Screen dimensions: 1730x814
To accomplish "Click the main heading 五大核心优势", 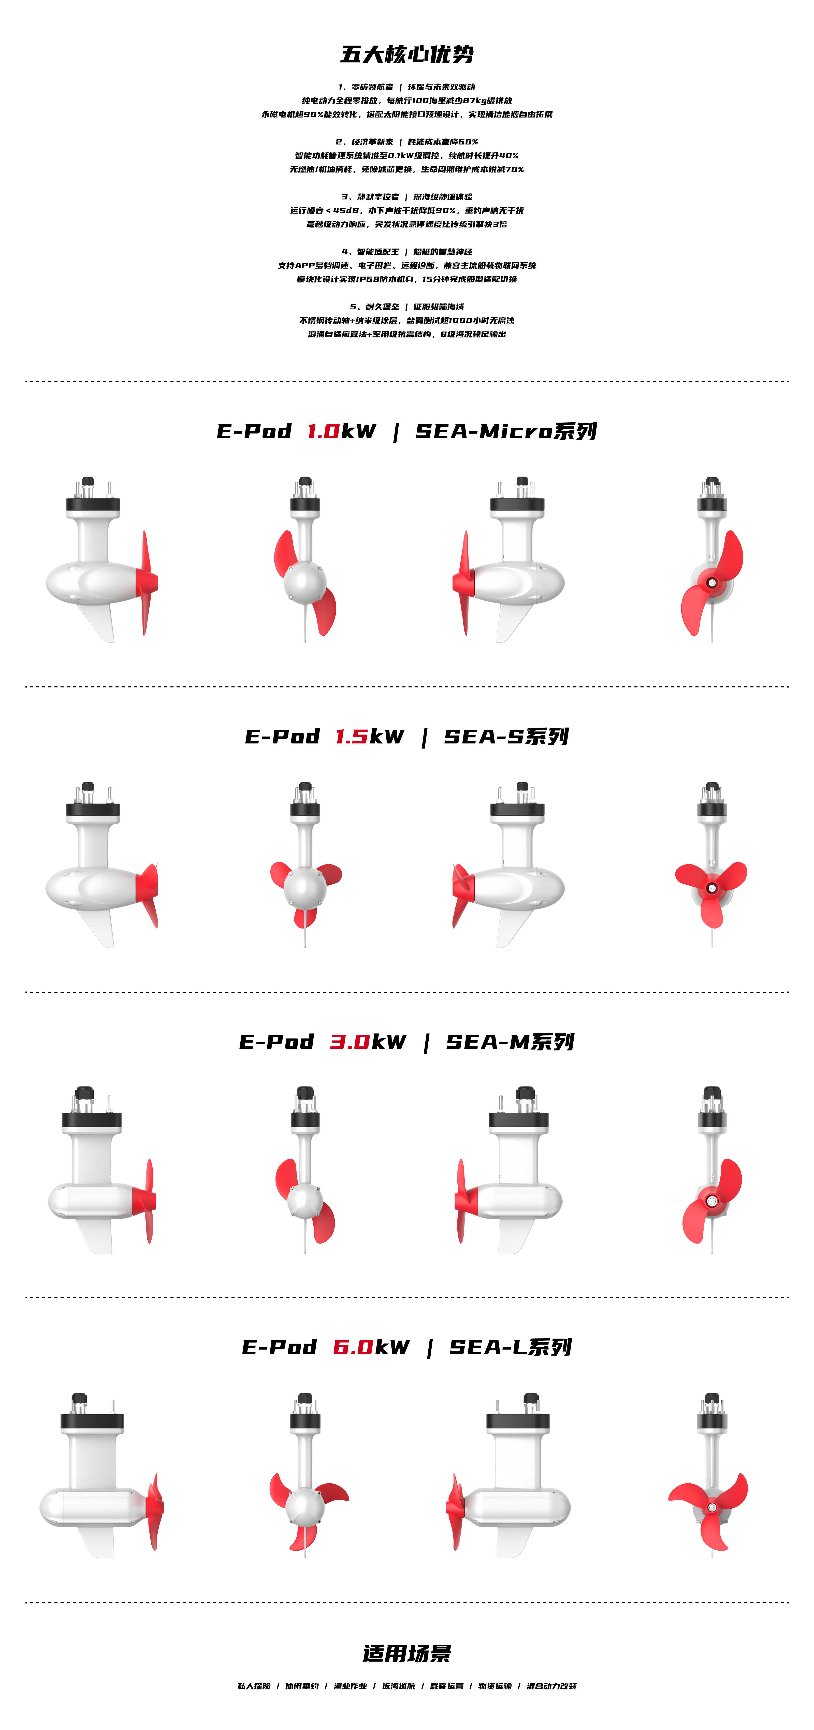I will [407, 54].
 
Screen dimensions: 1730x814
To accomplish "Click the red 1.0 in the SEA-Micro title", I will [323, 431].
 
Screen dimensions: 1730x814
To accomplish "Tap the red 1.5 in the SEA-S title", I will [351, 737].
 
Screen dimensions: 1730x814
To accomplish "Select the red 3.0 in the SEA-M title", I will [349, 1042].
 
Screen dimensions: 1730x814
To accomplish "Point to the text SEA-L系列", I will [511, 1347].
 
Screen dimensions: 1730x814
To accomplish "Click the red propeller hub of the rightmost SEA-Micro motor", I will [711, 582].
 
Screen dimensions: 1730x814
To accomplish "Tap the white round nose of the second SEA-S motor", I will [305, 888].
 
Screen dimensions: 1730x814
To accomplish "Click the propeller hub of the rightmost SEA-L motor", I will [712, 1508].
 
